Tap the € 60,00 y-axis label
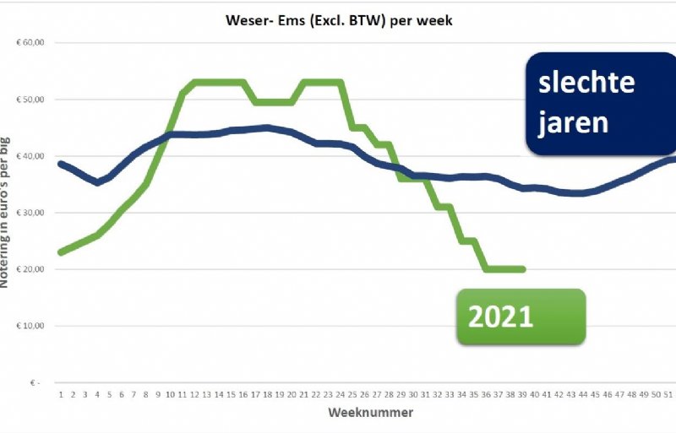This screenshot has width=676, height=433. [x=31, y=42]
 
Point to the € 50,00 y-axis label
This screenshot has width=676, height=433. [x=31, y=100]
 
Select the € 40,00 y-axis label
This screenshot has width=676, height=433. [x=31, y=156]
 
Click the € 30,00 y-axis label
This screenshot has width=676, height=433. [x=31, y=213]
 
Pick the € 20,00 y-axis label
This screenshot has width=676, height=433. [x=31, y=269]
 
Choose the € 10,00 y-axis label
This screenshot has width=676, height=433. [x=31, y=326]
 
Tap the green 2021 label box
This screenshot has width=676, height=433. [x=521, y=317]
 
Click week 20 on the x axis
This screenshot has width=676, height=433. [x=291, y=393]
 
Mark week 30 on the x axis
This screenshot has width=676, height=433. [x=413, y=393]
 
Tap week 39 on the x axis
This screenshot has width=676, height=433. [x=523, y=393]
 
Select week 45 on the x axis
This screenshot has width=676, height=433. [x=596, y=393]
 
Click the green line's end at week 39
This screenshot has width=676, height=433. [x=523, y=269]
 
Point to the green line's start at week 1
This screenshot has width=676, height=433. [x=61, y=252]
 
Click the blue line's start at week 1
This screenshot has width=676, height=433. [x=61, y=164]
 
